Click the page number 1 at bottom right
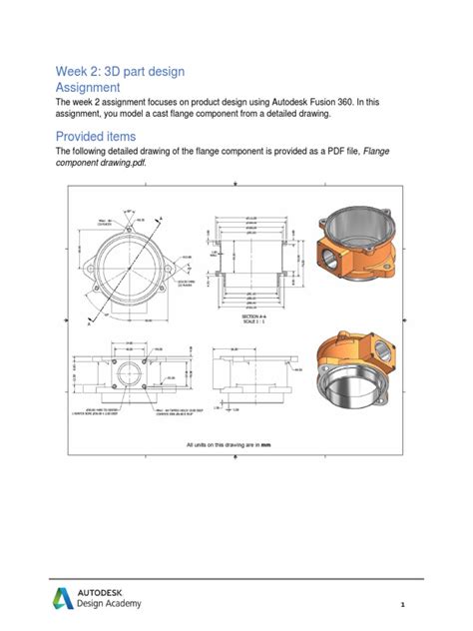coord(402,604)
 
